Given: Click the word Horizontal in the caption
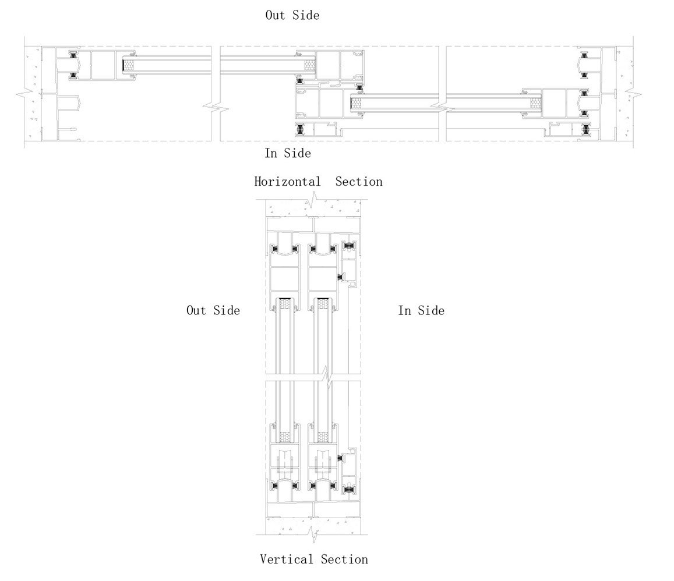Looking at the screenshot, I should pos(287,182).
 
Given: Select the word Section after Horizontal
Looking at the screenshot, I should pos(359,182).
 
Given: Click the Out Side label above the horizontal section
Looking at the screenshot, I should pos(292,15).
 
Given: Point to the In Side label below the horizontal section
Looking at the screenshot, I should pos(287,153).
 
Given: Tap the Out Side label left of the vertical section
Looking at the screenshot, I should pos(213,310).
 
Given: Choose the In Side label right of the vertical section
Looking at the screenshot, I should pos(421,310).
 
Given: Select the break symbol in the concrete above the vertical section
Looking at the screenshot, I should pos(313,201).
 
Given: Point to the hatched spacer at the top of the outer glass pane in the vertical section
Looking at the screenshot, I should pos(284,304).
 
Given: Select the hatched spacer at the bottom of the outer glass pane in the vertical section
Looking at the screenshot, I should pos(284,437).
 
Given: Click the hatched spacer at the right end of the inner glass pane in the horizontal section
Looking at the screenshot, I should pos(535,103).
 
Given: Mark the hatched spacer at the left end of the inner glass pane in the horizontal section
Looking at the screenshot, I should pos(356,103).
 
